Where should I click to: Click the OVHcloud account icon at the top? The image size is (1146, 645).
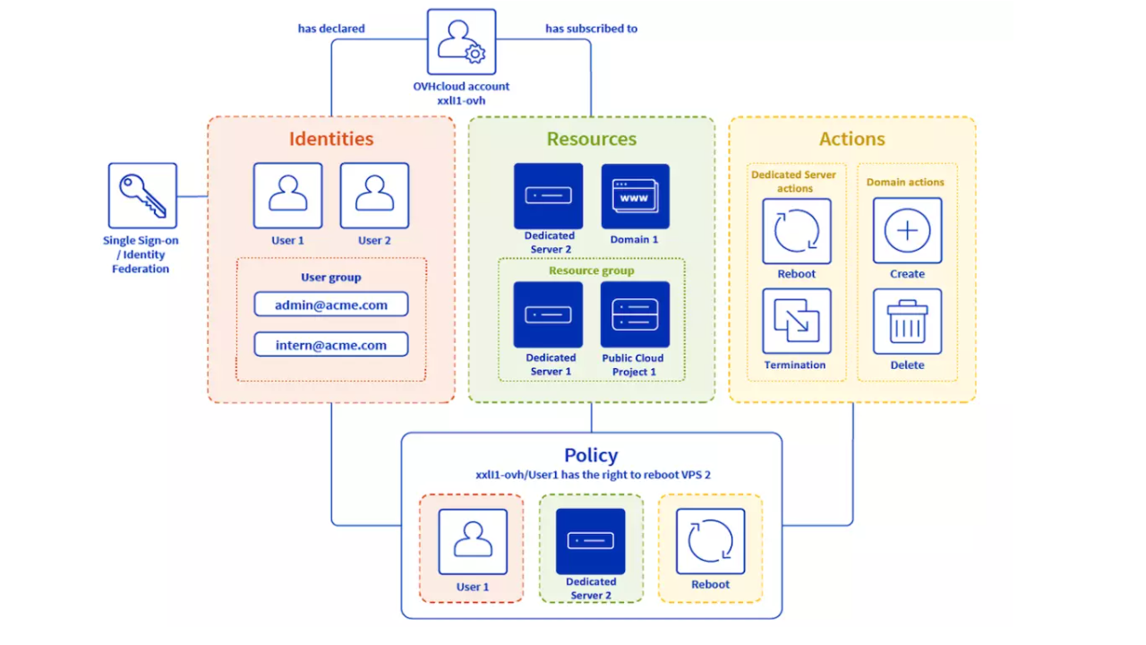[x=461, y=42]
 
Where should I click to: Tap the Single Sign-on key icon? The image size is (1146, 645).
[x=142, y=195]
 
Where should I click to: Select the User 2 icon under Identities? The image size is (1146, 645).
[x=374, y=195]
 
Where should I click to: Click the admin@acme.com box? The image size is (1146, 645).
[x=330, y=305]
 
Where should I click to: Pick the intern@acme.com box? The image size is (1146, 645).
[x=330, y=345]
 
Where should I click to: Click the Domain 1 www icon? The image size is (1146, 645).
[x=635, y=195]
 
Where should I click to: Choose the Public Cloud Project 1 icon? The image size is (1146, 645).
[x=635, y=314]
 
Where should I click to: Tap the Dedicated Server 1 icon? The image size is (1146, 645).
[x=548, y=314]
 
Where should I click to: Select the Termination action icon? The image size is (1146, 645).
[x=796, y=321]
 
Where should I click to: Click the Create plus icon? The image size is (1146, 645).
[x=907, y=231]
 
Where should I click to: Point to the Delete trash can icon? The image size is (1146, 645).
[x=907, y=321]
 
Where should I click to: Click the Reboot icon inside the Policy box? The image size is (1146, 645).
[x=710, y=541]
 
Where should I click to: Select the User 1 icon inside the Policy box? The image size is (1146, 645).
[x=473, y=541]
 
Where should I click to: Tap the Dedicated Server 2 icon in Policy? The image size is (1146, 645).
[x=591, y=541]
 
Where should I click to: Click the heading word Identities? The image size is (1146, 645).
[x=330, y=139]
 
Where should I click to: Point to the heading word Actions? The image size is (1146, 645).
[x=851, y=139]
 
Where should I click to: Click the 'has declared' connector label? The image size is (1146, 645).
[x=331, y=29]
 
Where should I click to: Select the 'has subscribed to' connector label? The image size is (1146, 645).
[x=591, y=29]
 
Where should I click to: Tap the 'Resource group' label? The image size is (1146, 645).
[x=591, y=271]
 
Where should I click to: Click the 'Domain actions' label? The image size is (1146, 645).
[x=905, y=182]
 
